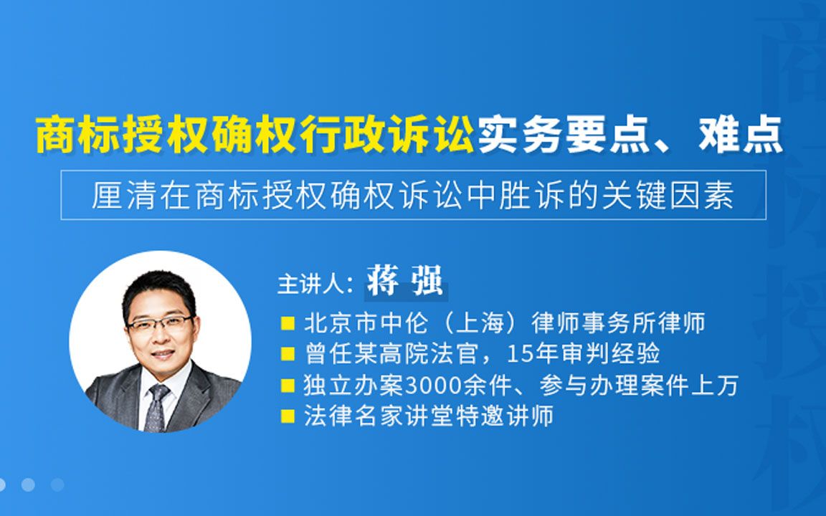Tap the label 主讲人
point(311,282)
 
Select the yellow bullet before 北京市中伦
point(288,323)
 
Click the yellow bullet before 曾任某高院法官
point(288,354)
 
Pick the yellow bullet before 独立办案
point(288,386)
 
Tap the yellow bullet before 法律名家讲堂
point(288,416)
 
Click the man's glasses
point(159,322)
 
